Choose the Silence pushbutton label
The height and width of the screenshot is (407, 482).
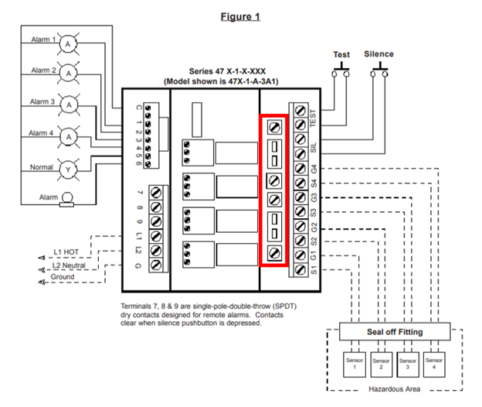[378, 54]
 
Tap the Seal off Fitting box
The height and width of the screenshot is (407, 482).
[395, 332]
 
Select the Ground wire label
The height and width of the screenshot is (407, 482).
[63, 276]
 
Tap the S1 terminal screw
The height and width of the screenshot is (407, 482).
[300, 270]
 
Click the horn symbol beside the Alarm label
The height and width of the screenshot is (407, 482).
[68, 199]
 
